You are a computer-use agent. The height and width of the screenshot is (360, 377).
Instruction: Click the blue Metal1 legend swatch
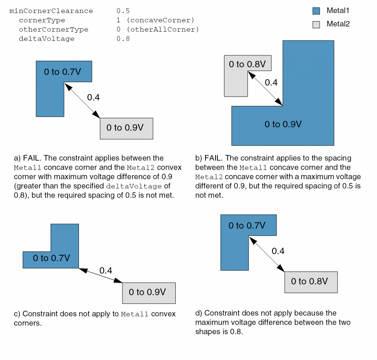click(316, 11)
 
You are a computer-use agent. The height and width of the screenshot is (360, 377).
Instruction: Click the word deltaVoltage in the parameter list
click(47, 39)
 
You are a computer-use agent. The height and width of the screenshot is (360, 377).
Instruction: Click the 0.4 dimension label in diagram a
click(93, 97)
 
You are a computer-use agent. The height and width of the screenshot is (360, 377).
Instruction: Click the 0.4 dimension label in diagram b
click(271, 83)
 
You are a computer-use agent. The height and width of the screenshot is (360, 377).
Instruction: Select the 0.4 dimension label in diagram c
click(106, 270)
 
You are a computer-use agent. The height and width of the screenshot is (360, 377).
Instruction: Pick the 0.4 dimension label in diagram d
click(278, 251)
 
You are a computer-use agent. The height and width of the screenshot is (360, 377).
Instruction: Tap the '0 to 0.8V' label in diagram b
click(247, 64)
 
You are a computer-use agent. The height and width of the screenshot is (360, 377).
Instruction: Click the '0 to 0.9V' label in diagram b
click(283, 124)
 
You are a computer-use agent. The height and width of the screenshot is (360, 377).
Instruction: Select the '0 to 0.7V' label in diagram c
click(51, 258)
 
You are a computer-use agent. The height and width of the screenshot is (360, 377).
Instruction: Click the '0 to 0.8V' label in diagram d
click(309, 282)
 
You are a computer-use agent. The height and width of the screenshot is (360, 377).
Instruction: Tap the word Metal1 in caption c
click(134, 314)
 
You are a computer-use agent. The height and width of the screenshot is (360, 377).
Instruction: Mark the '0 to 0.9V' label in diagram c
click(147, 292)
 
